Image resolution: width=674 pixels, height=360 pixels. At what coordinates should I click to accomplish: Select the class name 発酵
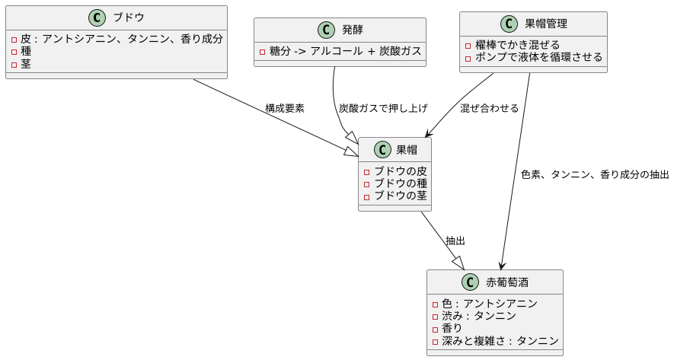click(x=353, y=30)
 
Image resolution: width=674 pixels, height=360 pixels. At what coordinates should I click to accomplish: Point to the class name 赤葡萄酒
click(x=507, y=282)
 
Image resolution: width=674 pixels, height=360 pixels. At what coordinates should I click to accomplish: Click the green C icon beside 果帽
click(x=382, y=150)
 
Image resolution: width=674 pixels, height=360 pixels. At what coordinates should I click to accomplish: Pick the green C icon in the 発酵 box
click(x=325, y=30)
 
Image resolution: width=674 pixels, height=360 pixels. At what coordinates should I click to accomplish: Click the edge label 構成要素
click(x=285, y=108)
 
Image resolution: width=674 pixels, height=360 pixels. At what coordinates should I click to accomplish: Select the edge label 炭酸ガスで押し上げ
click(x=383, y=108)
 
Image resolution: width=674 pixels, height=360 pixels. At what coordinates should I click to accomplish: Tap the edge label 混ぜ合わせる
click(x=489, y=108)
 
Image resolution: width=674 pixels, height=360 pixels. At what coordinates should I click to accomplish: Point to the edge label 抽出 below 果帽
click(x=455, y=241)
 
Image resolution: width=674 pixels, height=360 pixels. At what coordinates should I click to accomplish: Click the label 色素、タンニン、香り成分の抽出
click(x=595, y=174)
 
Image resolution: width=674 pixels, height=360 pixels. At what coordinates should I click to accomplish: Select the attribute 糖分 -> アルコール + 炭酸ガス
click(x=345, y=51)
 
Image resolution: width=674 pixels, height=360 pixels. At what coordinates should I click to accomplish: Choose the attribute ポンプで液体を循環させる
click(x=538, y=57)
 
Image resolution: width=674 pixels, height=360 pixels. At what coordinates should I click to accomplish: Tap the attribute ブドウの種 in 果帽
click(x=401, y=183)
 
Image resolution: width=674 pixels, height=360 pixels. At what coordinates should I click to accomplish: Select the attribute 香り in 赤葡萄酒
click(x=452, y=328)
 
